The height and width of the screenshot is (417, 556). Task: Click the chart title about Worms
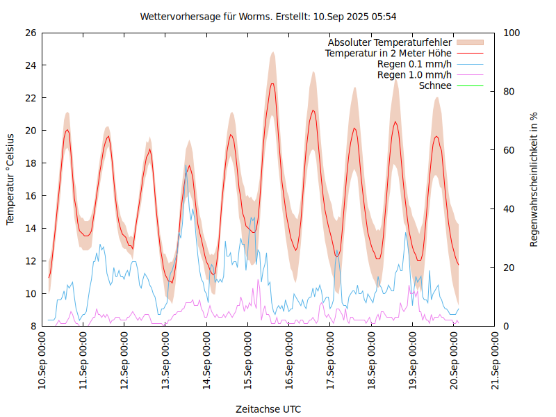click(x=268, y=16)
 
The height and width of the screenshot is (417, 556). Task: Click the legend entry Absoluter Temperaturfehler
click(x=390, y=42)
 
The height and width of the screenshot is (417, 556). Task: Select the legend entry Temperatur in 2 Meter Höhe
click(x=389, y=54)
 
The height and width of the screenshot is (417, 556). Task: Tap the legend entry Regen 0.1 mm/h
click(x=414, y=64)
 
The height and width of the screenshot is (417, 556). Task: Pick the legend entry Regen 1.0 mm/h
click(x=414, y=75)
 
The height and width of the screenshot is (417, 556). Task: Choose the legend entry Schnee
click(x=436, y=85)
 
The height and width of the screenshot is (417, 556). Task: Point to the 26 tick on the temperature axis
click(x=30, y=33)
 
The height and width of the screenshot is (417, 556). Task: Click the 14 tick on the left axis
click(x=30, y=228)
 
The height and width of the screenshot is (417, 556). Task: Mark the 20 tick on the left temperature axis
click(x=30, y=131)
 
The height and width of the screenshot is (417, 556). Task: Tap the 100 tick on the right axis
click(x=512, y=33)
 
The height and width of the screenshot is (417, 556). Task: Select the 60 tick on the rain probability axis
click(x=509, y=150)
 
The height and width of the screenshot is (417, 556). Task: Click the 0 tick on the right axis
click(x=506, y=326)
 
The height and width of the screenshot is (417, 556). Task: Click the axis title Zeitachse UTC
click(x=268, y=409)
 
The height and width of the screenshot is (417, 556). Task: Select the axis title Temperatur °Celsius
click(x=10, y=179)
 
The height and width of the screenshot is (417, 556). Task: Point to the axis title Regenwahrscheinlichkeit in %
click(x=534, y=179)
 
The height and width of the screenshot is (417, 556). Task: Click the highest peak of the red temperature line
click(x=272, y=84)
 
